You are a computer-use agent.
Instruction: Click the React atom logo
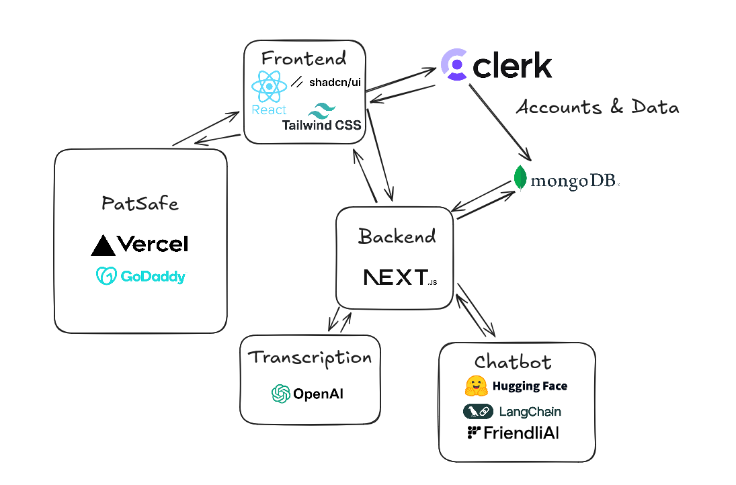(x=268, y=87)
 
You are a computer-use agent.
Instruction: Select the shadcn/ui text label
(x=335, y=83)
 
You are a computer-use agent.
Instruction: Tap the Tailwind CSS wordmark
(x=321, y=125)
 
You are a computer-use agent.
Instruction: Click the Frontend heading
(x=304, y=58)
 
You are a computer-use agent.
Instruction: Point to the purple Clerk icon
(x=454, y=65)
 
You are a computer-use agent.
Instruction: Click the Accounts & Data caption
(x=597, y=107)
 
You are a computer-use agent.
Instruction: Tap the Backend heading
(x=397, y=236)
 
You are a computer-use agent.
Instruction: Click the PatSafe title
(x=140, y=203)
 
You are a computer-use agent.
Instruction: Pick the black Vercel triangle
(x=103, y=246)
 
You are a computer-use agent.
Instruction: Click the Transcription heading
(x=310, y=357)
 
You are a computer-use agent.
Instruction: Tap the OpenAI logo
(x=307, y=394)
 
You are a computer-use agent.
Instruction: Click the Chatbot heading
(x=513, y=362)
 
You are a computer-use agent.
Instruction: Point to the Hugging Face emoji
(x=476, y=386)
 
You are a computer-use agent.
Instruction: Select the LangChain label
(x=529, y=411)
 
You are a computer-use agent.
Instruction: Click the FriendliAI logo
(x=513, y=433)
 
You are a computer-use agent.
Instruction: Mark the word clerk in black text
(x=513, y=66)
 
